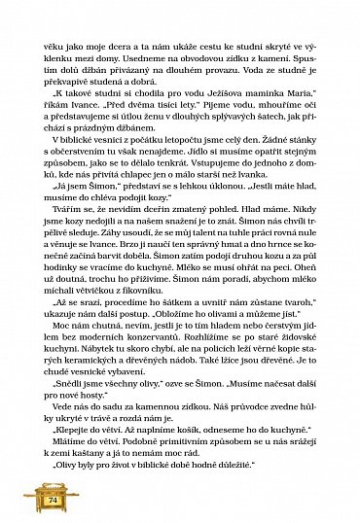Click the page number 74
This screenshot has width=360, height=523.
click(26, 498)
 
